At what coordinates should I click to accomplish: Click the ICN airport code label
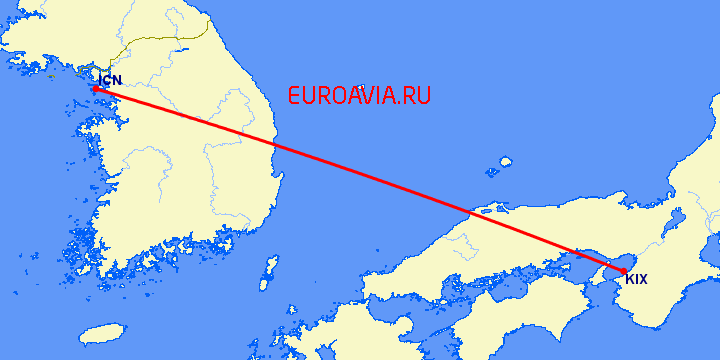[111, 79]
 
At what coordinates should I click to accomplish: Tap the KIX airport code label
[636, 279]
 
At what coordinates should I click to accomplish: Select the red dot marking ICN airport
[95, 89]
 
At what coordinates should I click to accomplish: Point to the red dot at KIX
[624, 270]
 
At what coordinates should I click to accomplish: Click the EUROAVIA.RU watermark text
[359, 96]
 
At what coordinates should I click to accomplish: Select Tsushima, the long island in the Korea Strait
[269, 270]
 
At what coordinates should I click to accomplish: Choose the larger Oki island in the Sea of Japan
[505, 161]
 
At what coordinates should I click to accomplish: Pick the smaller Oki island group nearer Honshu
[491, 171]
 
